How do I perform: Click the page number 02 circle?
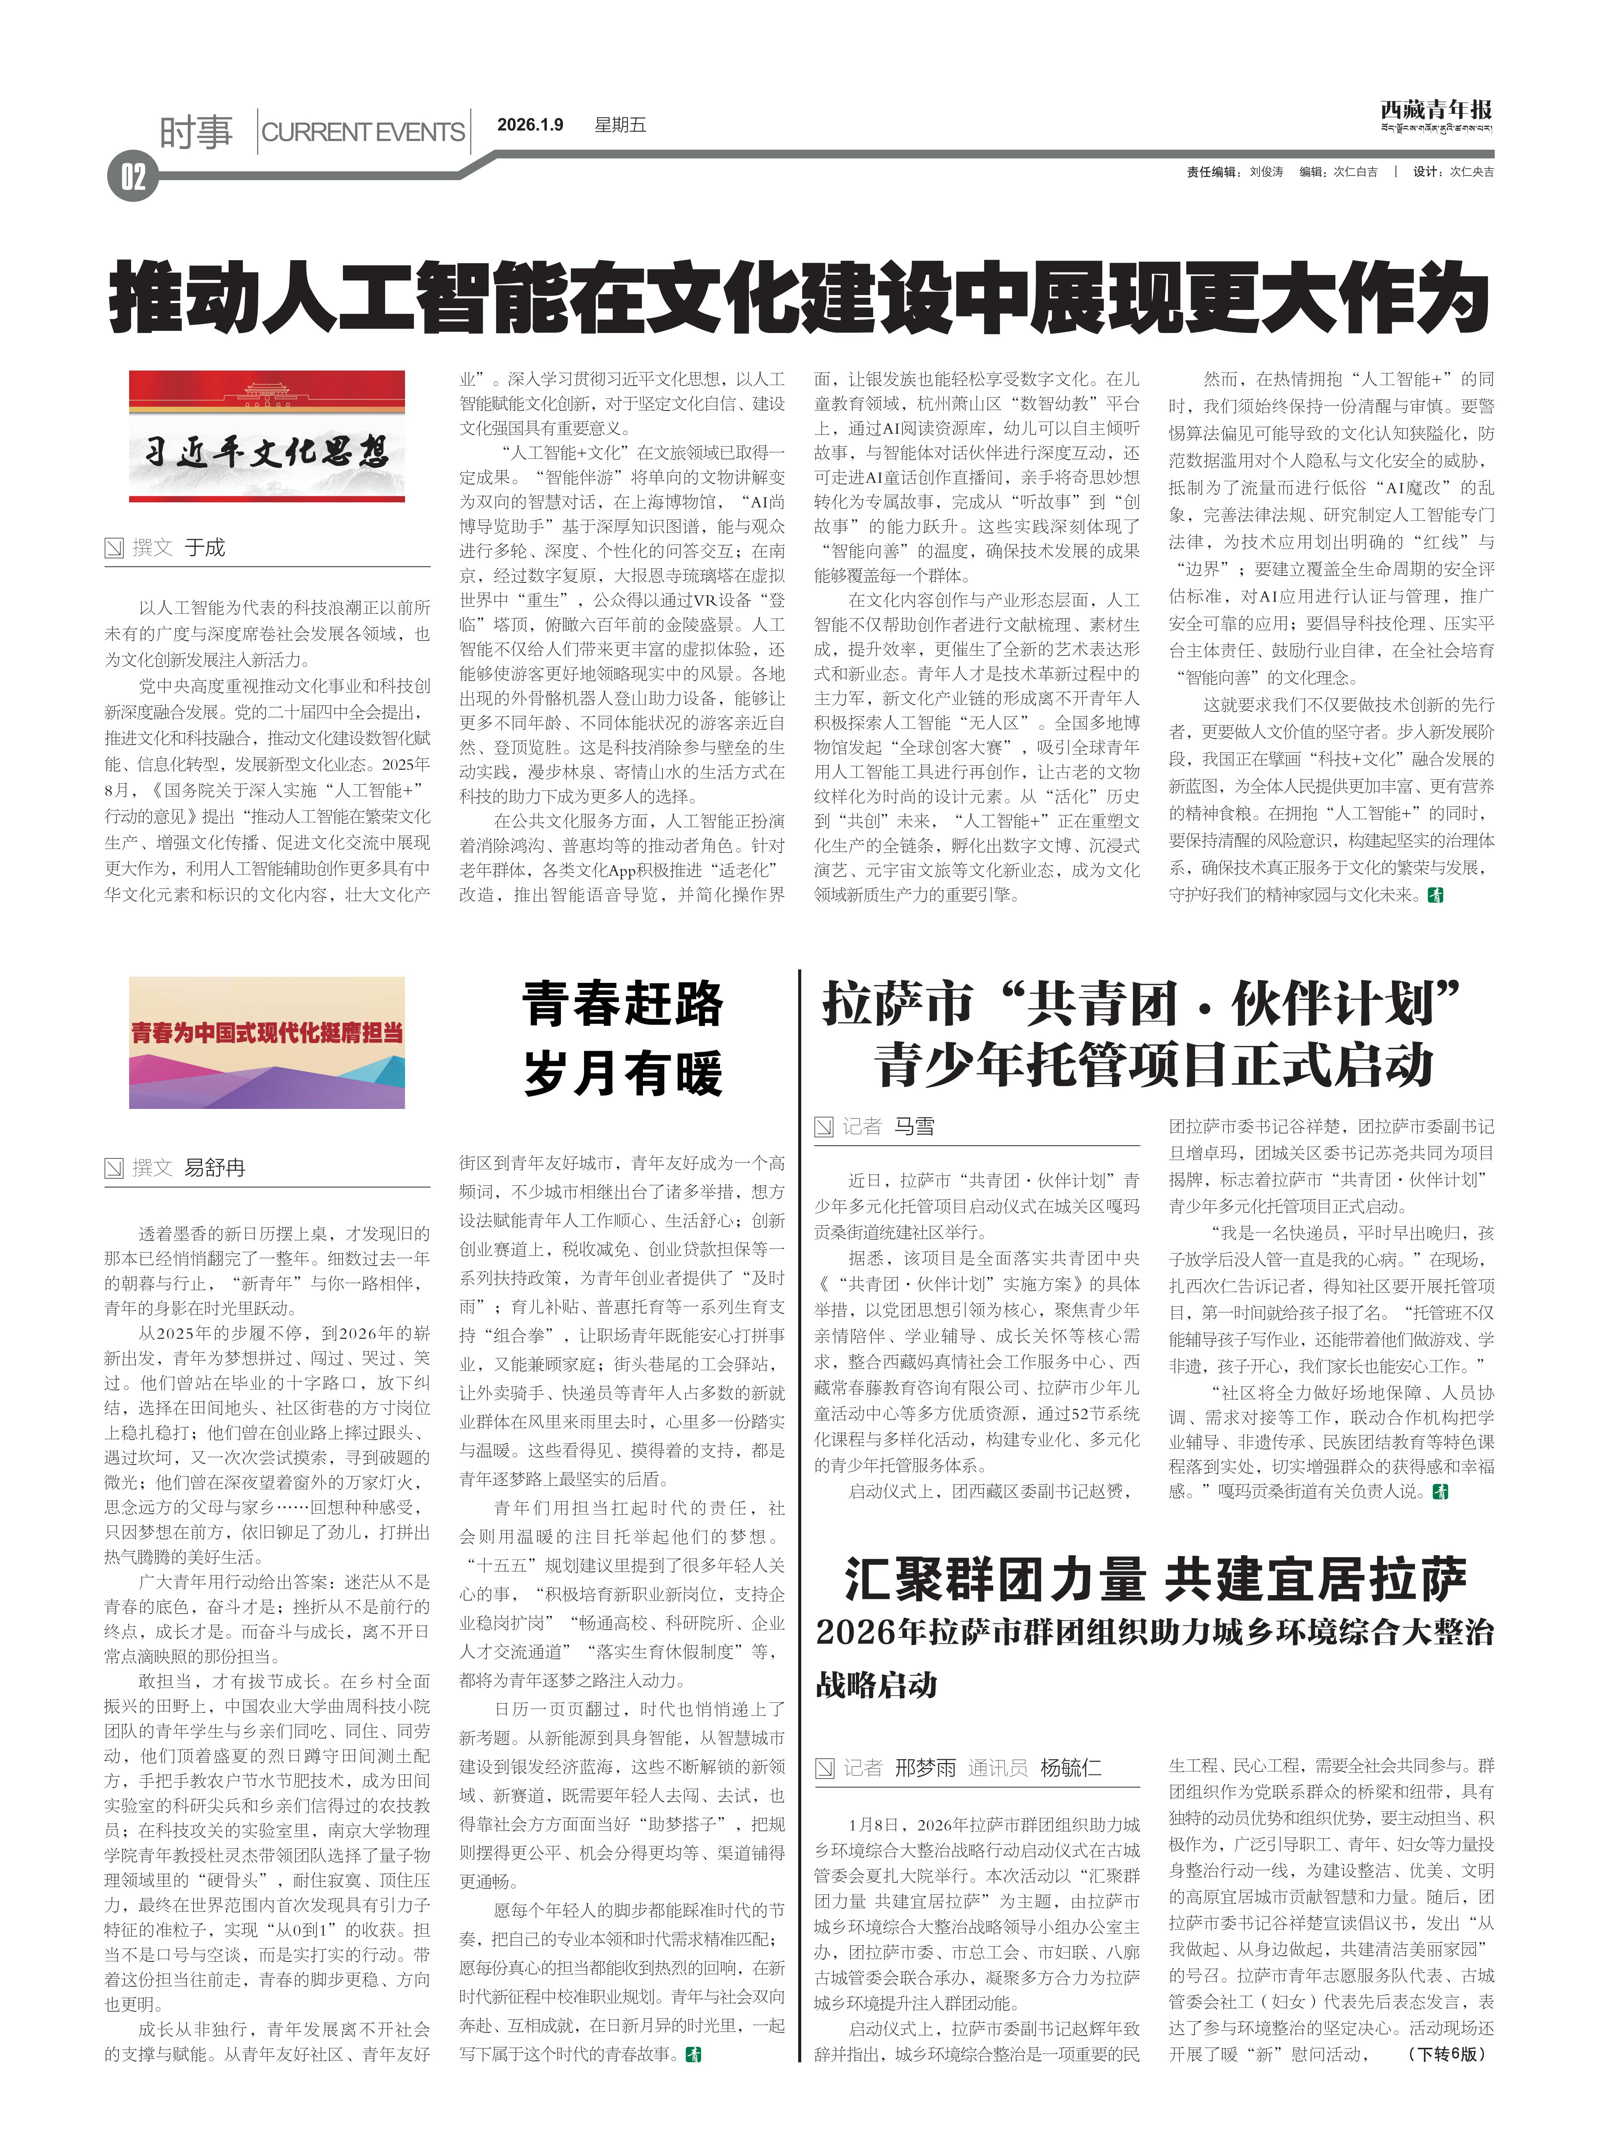133,177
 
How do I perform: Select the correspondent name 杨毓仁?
1071,1768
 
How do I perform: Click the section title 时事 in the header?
197,131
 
